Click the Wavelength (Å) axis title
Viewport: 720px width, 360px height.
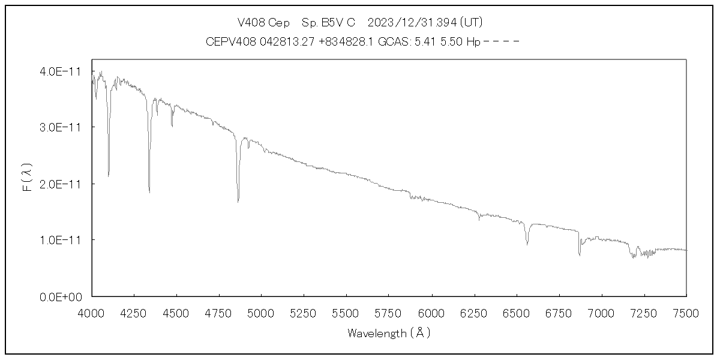(389, 333)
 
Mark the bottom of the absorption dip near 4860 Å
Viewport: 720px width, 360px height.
(238, 201)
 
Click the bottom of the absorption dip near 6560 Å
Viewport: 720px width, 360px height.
(527, 244)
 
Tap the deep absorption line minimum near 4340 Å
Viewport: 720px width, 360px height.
(149, 192)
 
